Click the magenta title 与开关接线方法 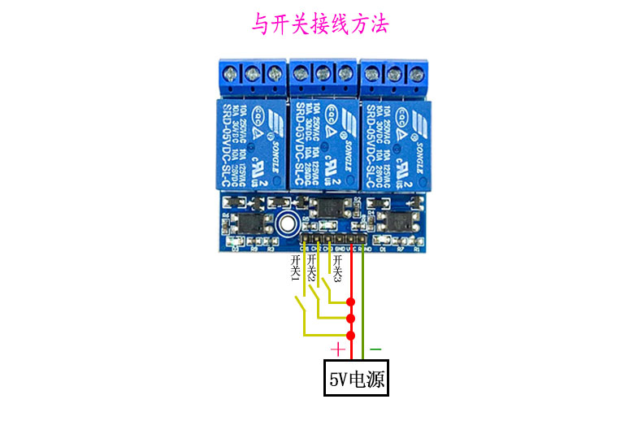[x=319, y=25]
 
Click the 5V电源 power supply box [x=356, y=378]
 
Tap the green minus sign [x=375, y=349]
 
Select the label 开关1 [x=295, y=269]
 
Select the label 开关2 [x=311, y=269]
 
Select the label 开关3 [x=336, y=269]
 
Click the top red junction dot [x=351, y=302]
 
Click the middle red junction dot [x=351, y=318]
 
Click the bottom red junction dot [x=351, y=335]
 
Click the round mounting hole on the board [x=286, y=223]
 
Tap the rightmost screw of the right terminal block [x=414, y=75]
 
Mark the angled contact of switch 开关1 [x=301, y=309]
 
